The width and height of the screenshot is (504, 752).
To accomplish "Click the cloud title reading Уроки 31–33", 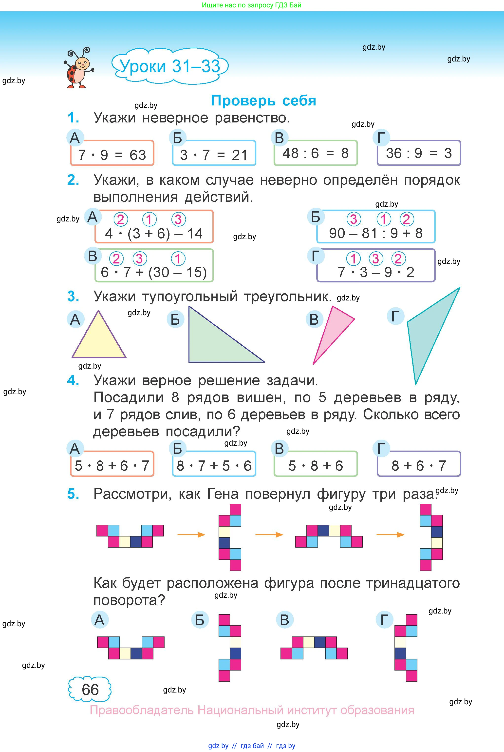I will click(170, 66).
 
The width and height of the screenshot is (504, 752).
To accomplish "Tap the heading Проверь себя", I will click(263, 101).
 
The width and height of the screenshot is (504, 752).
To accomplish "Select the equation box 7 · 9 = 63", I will click(112, 154).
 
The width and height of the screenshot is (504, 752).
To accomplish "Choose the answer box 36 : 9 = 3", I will click(419, 153).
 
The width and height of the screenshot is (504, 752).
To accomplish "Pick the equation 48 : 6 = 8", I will click(315, 153).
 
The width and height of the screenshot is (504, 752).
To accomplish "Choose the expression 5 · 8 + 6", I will click(315, 465).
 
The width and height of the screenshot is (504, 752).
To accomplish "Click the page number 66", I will click(90, 690).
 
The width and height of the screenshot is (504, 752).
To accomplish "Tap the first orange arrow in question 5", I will click(191, 534).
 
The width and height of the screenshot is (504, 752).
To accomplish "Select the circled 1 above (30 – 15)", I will click(178, 258).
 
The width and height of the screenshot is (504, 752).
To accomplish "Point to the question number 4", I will click(73, 380).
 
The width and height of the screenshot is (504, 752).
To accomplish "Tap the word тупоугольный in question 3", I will click(190, 296).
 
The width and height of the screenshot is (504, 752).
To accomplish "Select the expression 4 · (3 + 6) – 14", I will click(154, 234).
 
